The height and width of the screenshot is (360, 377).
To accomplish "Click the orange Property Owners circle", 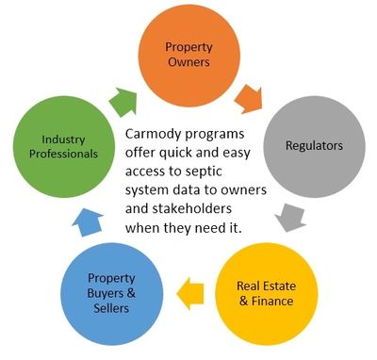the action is pos(189,56).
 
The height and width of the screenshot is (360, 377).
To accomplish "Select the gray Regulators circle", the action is pos(314,147).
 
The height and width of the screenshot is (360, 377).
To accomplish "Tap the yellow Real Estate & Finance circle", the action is pos(267,294).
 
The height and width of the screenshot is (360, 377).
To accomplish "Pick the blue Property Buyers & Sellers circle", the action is pos(111,294).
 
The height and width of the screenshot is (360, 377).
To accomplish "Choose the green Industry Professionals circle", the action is pos(64,147).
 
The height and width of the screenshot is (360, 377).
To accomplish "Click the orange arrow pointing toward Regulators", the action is pos(249,99).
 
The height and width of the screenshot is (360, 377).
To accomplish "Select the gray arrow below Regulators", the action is pos(290,218).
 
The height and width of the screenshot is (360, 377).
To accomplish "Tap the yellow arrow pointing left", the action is pos(190,293).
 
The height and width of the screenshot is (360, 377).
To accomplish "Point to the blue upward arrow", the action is pos(88,222).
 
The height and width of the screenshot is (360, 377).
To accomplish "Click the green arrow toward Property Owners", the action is pos(123,102).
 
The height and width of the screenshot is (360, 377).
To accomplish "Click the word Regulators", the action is pos(314,145).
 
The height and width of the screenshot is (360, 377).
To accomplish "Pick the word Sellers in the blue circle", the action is pos(111,308).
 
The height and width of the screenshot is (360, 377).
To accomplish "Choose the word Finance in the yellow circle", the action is pos(272,301).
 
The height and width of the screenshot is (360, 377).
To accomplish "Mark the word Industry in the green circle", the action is pos(63,139).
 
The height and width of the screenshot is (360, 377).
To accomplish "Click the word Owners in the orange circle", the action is pos(188,62).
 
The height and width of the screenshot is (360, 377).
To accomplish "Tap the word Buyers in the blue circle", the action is pos(105,293).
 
